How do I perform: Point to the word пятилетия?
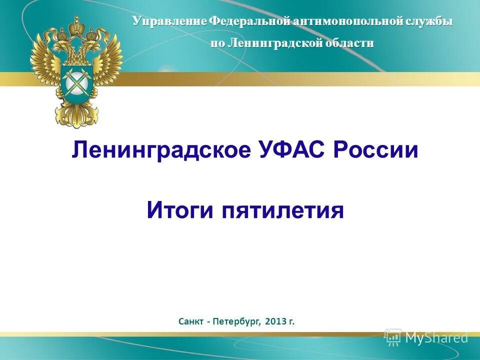(x=282, y=211)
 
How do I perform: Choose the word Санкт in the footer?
(x=190, y=321)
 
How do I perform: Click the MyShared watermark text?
(x=436, y=337)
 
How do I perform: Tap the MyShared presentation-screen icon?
(x=393, y=337)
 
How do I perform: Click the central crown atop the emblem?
(x=76, y=26)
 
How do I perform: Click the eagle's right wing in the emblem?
(x=107, y=65)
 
